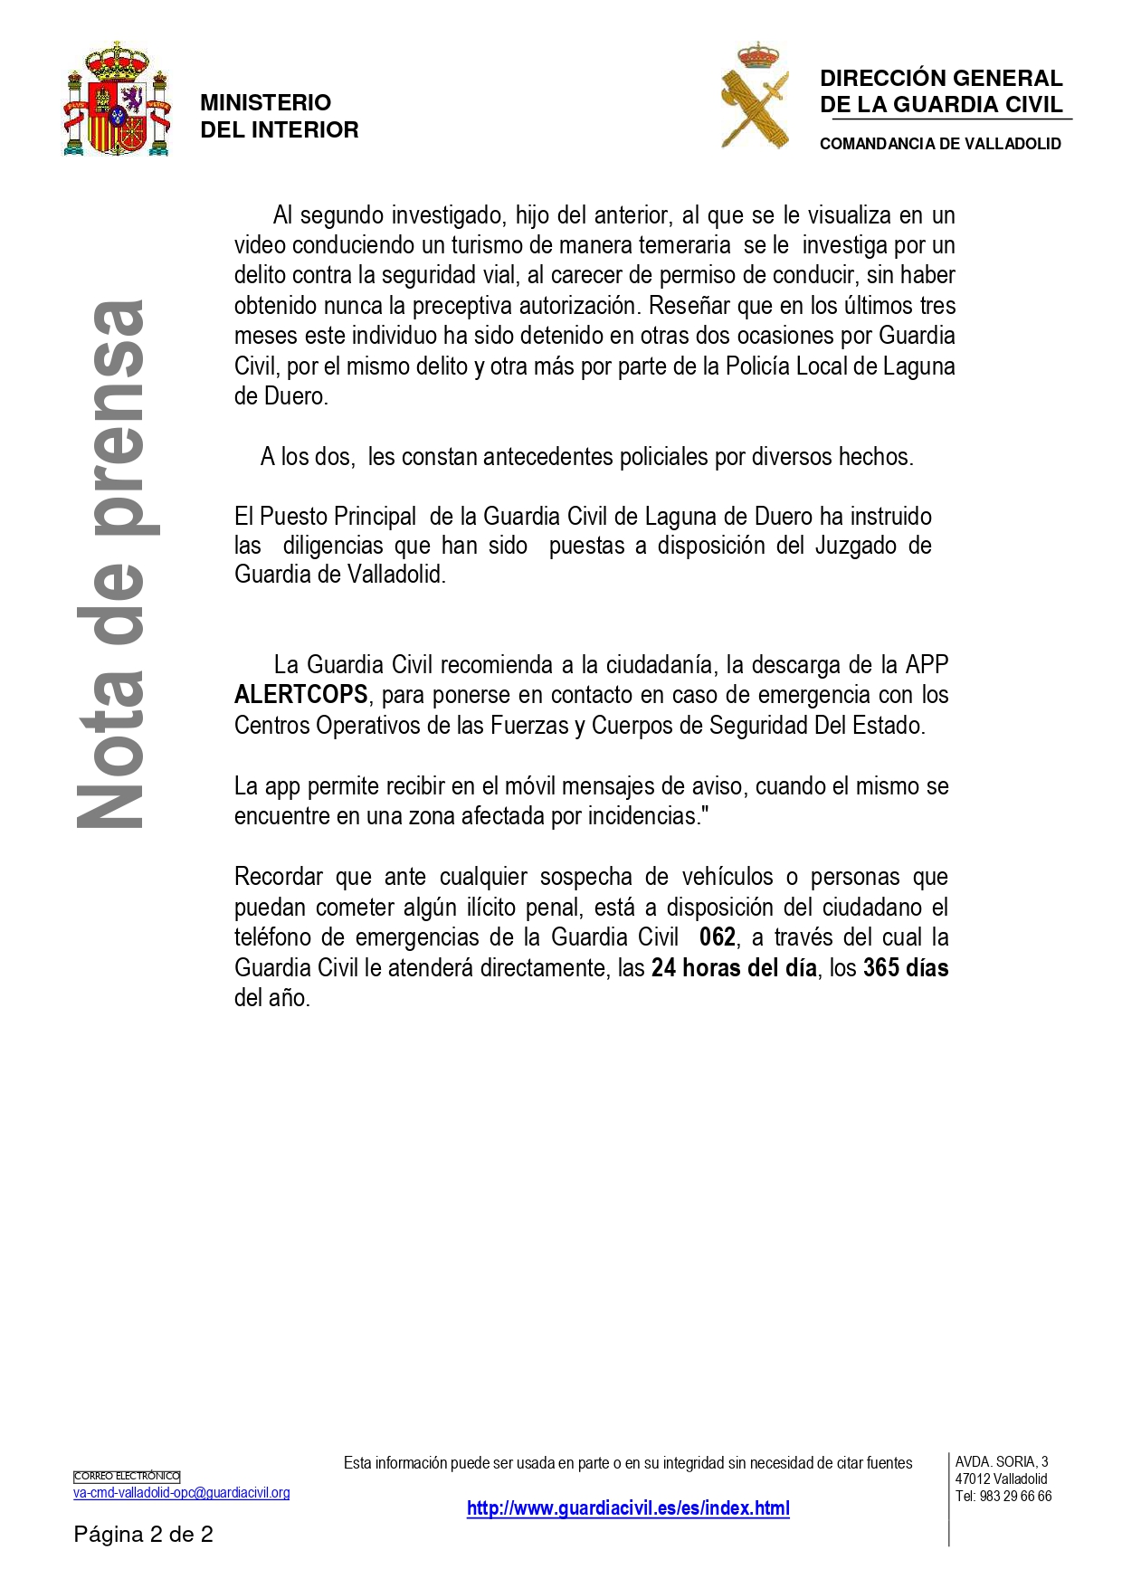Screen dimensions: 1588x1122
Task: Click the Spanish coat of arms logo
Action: [x=117, y=100]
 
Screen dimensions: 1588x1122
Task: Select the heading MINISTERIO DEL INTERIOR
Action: [x=279, y=117]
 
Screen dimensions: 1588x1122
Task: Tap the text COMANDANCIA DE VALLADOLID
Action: [x=940, y=144]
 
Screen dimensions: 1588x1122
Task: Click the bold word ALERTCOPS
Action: [x=300, y=695]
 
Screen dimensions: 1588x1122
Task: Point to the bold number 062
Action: [x=718, y=937]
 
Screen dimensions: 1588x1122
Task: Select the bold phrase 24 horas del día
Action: [x=734, y=968]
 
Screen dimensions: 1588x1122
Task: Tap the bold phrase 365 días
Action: [x=906, y=968]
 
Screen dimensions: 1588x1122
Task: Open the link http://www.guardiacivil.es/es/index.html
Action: [x=628, y=1508]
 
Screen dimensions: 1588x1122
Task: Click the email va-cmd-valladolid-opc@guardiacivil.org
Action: [x=182, y=1493]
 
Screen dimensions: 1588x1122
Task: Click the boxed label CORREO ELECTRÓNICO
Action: [x=127, y=1477]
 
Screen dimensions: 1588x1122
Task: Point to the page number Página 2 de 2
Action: [x=143, y=1535]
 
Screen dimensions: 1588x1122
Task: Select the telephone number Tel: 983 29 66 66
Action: [x=1003, y=1497]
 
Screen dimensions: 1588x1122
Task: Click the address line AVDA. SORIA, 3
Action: [x=1002, y=1461]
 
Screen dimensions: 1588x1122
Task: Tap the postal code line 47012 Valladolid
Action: [x=1001, y=1479]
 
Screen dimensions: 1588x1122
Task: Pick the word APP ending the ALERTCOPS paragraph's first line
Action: [x=927, y=665]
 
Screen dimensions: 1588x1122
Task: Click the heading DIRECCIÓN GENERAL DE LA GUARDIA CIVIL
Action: [x=941, y=91]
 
